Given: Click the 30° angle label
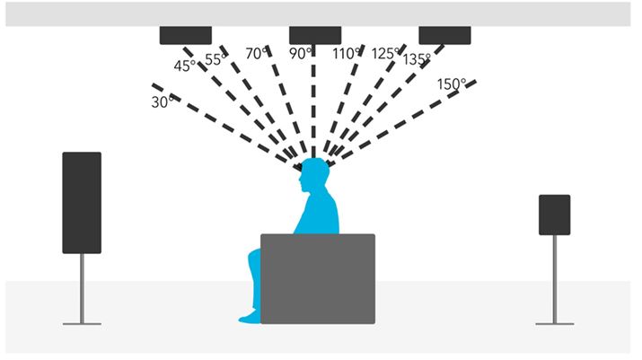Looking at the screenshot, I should click(x=162, y=102).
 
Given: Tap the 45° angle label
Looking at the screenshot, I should click(x=184, y=66).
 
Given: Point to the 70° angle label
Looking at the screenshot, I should click(x=257, y=54).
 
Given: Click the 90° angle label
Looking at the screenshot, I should click(x=301, y=53).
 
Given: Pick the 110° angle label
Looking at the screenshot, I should click(x=347, y=54).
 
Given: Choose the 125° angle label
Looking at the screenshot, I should click(x=386, y=53).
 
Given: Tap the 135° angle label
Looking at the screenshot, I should click(x=416, y=60).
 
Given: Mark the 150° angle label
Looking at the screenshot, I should click(x=452, y=84).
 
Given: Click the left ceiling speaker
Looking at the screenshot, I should click(x=186, y=35).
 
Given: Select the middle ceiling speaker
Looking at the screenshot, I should click(x=315, y=35).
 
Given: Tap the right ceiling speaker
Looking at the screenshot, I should click(x=444, y=35).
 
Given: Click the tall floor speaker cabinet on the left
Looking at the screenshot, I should click(x=82, y=202).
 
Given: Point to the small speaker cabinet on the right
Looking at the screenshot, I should click(x=554, y=215).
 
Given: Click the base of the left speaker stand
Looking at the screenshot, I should click(x=82, y=321).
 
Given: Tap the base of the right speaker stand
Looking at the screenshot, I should click(x=554, y=321).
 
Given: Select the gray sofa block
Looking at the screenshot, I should click(x=317, y=278).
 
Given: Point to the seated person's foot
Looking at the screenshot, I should click(x=248, y=317).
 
